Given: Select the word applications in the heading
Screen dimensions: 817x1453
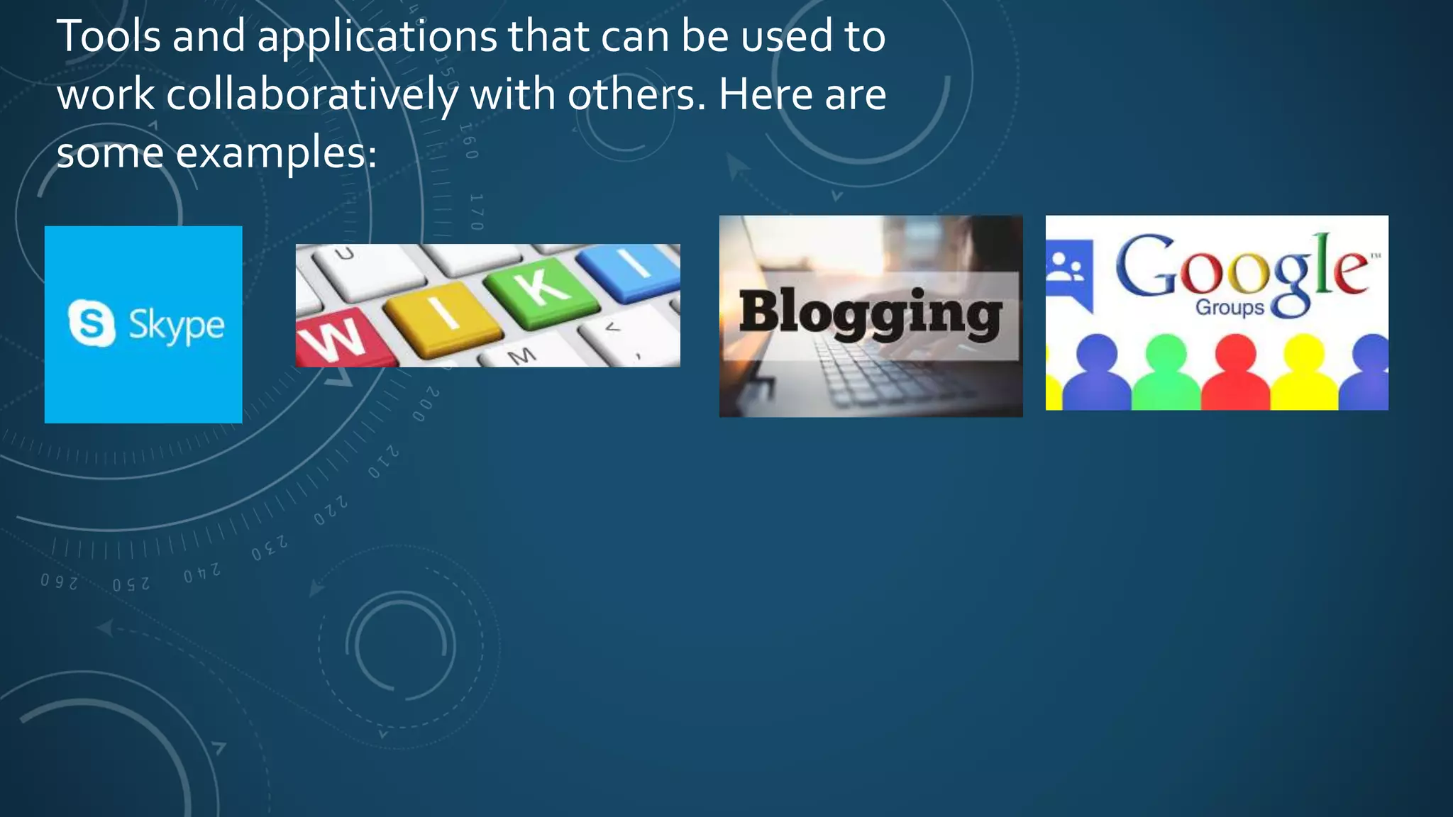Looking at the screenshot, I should coord(377,37).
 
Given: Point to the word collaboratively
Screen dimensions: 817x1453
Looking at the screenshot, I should coord(311,95).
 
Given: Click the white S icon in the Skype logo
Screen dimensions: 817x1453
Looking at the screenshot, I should coord(92,323).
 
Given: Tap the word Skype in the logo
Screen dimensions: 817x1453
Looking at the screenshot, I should coord(176,326).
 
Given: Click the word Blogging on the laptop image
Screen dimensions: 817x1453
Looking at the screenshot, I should coord(871,313).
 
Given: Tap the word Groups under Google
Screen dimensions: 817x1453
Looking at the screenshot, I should coord(1230,308).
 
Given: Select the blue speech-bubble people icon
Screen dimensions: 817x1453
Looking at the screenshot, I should coord(1069,272).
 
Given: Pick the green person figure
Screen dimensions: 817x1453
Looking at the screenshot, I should coord(1166,374).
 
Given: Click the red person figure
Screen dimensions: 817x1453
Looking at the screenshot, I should coord(1235,374).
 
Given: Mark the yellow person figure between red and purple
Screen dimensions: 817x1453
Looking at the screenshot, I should coord(1304,374).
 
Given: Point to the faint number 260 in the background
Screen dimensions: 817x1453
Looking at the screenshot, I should coord(59,582).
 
